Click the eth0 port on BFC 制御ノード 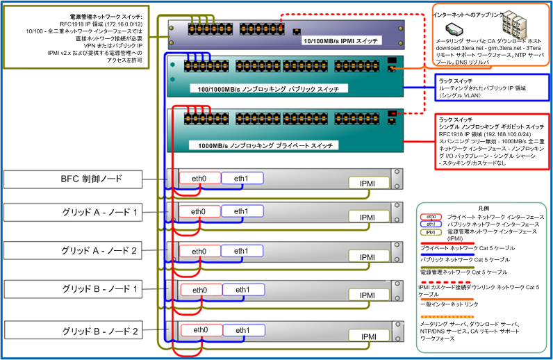pyautogui.click(x=199, y=178)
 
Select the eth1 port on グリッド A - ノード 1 pyautogui.click(x=242, y=211)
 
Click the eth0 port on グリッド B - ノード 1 pyautogui.click(x=199, y=290)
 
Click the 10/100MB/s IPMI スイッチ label pyautogui.click(x=340, y=42)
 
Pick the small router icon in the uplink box pyautogui.click(x=452, y=29)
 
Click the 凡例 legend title pyautogui.click(x=484, y=208)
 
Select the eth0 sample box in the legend pyautogui.click(x=431, y=218)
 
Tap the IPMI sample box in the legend pyautogui.click(x=431, y=233)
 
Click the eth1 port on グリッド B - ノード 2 pyautogui.click(x=242, y=330)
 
